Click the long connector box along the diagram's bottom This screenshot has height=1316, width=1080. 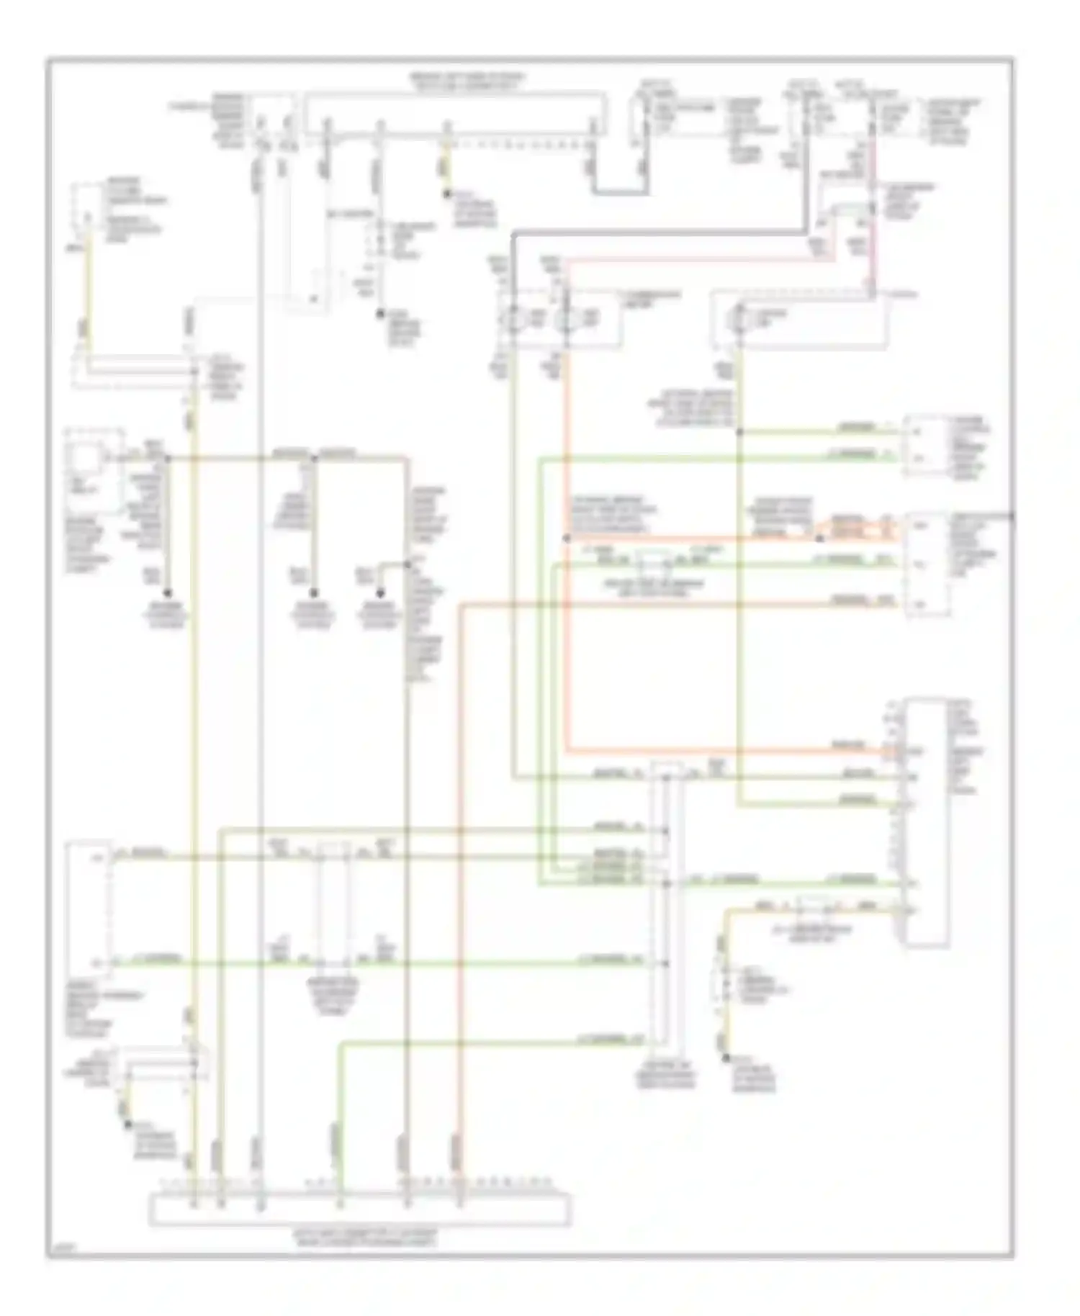[360, 1209]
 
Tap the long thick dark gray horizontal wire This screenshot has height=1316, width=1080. [659, 233]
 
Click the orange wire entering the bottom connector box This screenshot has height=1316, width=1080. [459, 1152]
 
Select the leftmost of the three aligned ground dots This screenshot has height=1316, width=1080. [167, 593]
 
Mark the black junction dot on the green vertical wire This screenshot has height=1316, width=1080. [739, 432]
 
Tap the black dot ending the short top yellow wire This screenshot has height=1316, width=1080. [446, 194]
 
